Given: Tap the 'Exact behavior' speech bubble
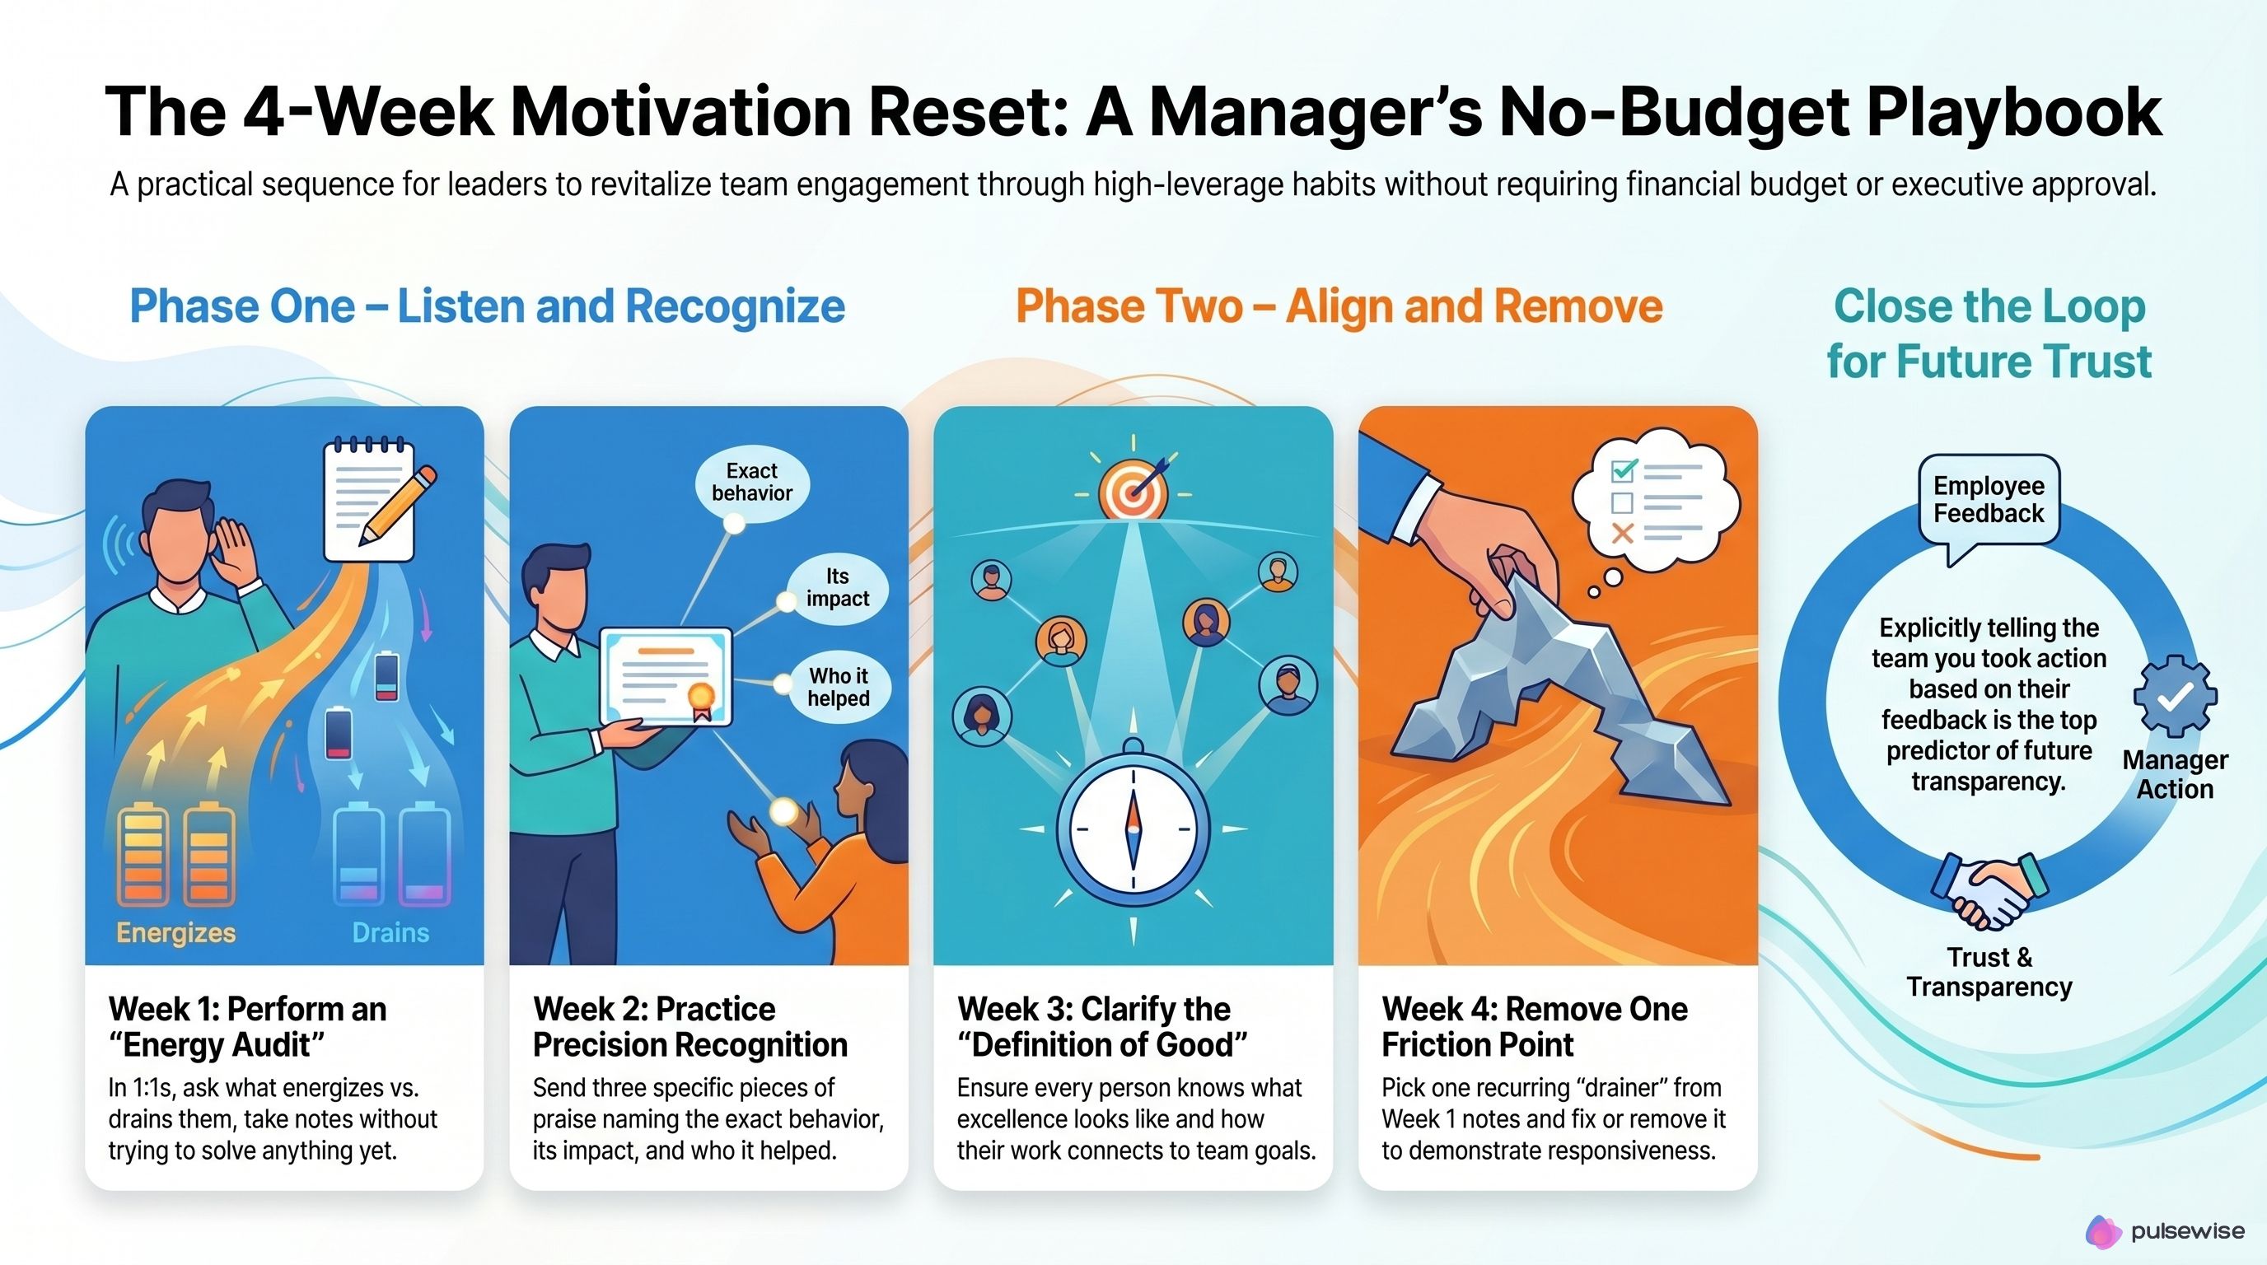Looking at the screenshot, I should [751, 482].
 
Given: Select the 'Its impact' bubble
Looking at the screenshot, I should [837, 588].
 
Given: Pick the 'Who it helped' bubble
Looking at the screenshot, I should [838, 687].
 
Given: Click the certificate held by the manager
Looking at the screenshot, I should [666, 676].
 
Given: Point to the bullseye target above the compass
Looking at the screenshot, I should [1133, 493].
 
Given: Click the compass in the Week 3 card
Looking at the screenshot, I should [1133, 827].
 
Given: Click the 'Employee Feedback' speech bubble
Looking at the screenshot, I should [1988, 500].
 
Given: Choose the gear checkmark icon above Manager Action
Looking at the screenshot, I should [2175, 696].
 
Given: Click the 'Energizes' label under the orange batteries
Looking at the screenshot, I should [176, 932].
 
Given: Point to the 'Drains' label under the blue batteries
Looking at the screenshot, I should [390, 932].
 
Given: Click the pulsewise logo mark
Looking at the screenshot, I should [2103, 1231].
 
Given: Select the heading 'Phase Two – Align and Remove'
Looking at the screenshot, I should [1339, 306].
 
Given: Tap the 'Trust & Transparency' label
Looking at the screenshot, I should [1989, 972].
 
